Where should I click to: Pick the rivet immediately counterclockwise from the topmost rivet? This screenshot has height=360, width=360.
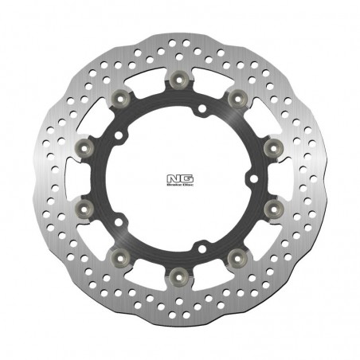click(119, 97)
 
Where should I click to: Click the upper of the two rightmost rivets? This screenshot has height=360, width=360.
click(272, 147)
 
